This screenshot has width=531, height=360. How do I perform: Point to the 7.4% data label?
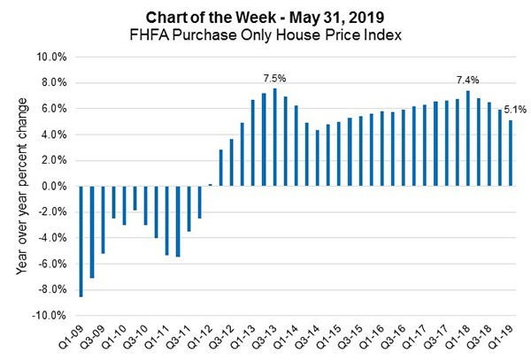tap(466, 80)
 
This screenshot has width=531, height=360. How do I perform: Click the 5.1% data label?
tap(515, 110)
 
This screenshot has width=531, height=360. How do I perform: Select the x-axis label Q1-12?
tap(206, 336)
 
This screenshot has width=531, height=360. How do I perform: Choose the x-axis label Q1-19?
tap(506, 336)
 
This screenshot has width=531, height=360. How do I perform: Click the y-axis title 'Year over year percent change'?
tap(21, 187)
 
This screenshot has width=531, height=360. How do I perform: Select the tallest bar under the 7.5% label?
tap(275, 137)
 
